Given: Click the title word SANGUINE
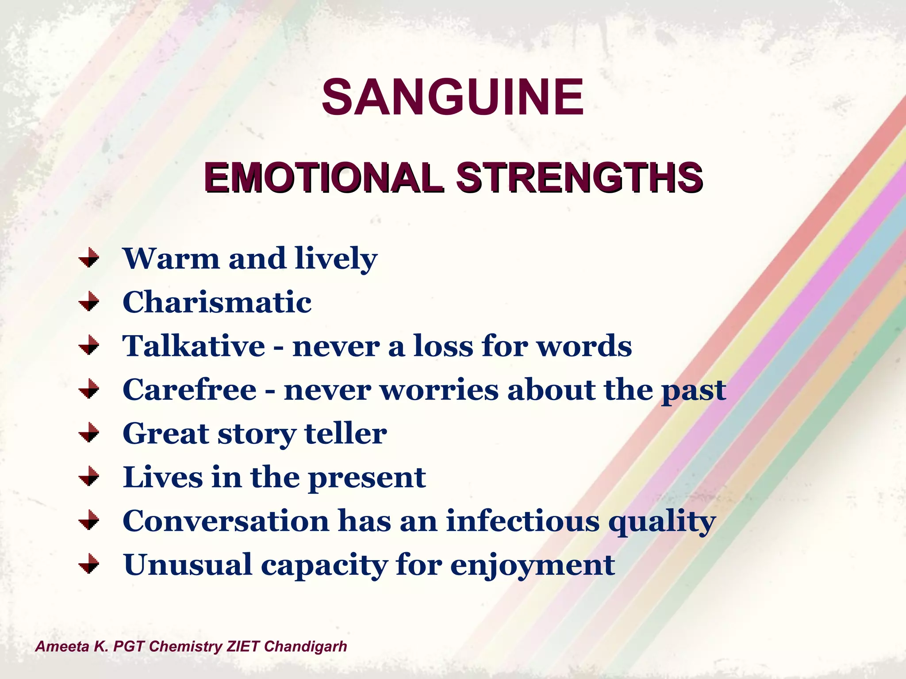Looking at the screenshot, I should coord(453,97).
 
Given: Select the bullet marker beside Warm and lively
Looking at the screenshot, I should coord(89,258).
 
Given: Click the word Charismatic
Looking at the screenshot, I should coord(217,302).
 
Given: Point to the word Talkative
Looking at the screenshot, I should coord(194,346).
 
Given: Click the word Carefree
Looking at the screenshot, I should coord(189,390).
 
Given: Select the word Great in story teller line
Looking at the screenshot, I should coord(166,434).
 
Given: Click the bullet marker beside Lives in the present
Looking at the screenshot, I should coord(89,477).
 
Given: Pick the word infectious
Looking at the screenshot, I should coord(522,521).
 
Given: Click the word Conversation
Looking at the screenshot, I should coord(226,521).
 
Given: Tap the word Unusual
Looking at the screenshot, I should coord(188,565).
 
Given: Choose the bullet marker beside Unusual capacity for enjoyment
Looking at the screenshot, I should coord(89,564).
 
